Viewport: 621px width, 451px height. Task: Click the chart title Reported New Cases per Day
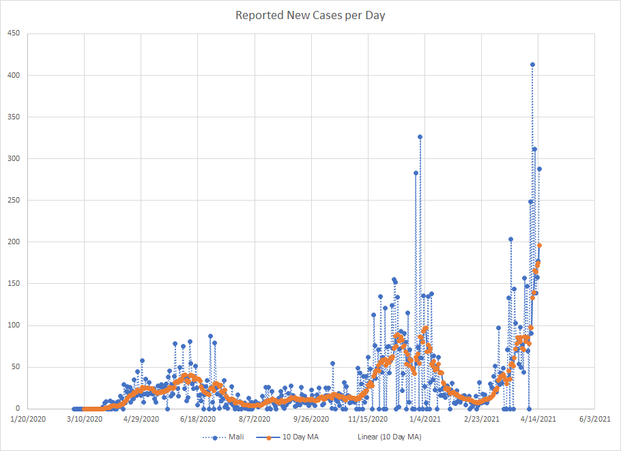coord(310,15)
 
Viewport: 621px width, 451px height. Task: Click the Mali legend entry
coord(225,437)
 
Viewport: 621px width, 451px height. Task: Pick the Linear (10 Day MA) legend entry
coord(389,437)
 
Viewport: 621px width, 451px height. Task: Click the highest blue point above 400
coord(532,65)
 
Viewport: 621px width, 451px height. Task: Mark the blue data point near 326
coord(420,137)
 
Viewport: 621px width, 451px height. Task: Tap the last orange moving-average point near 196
coord(539,246)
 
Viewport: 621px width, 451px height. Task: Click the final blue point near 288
coord(539,169)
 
